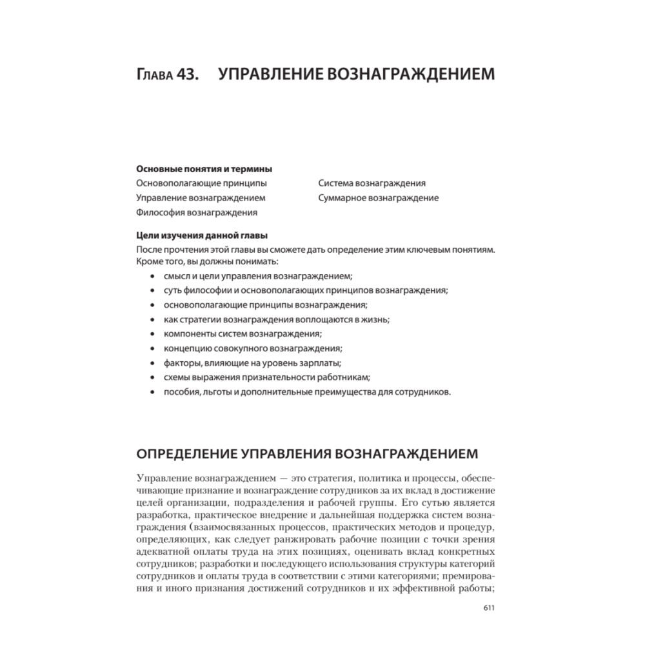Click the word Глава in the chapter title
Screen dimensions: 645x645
155,74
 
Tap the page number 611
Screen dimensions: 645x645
488,607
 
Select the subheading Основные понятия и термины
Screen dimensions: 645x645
204,169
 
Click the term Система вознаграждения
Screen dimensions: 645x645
372,183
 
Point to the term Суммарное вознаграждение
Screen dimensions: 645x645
378,198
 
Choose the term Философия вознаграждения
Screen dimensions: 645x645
197,212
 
